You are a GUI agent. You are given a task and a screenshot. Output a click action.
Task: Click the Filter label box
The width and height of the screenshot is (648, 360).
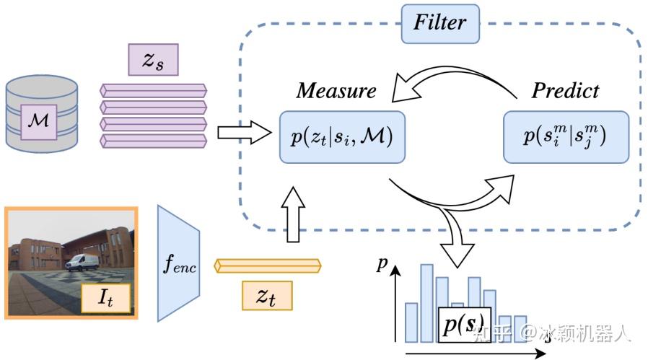[440, 24]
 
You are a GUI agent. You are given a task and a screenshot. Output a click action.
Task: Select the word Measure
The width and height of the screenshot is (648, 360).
[336, 90]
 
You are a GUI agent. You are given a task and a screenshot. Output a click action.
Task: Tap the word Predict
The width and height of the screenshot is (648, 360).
[565, 90]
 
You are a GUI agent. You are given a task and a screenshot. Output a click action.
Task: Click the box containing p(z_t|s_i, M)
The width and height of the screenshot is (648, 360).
[342, 137]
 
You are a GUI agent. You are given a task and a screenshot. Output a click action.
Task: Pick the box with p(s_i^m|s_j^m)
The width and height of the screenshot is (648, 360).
[566, 137]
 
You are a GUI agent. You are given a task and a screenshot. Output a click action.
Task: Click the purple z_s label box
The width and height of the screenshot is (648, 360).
[153, 60]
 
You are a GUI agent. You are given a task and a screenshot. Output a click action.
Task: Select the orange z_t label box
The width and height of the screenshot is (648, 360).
[267, 296]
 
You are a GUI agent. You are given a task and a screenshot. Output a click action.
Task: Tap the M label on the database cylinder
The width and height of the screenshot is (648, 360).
[39, 122]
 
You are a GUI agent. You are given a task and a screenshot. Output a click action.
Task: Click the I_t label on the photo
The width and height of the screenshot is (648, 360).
[106, 297]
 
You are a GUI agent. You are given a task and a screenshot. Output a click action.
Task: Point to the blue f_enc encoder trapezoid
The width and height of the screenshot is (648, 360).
[178, 263]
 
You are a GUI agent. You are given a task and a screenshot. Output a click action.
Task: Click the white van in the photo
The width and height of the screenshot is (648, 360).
[82, 263]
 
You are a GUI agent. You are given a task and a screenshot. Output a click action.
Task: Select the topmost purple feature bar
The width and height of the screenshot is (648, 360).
[153, 90]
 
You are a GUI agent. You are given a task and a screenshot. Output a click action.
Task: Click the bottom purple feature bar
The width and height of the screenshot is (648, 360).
[153, 141]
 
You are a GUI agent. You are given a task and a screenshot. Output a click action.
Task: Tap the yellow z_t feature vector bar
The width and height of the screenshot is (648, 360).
[268, 265]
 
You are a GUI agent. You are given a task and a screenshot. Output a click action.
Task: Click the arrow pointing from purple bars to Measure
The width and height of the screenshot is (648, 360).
[244, 133]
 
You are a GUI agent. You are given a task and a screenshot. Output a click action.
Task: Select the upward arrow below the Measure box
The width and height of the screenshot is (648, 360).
[293, 214]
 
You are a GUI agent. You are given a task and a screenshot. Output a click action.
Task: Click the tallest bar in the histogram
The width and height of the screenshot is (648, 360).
[427, 304]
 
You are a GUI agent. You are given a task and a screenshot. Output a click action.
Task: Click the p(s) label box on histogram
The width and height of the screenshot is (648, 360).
[465, 325]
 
